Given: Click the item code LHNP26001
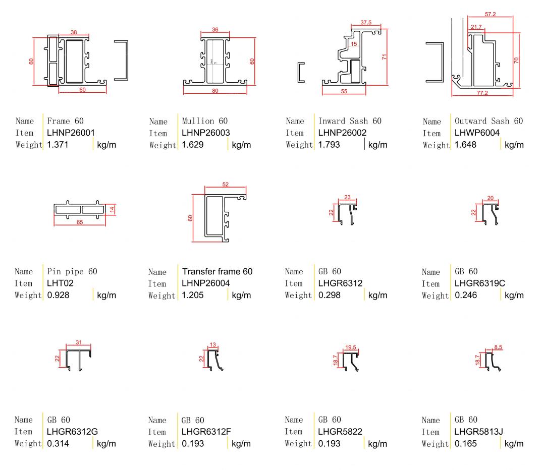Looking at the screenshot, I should [x=71, y=133].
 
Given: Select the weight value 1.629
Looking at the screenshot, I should [x=193, y=145].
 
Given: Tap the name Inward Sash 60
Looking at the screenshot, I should [x=350, y=121].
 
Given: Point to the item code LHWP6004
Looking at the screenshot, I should [x=476, y=133].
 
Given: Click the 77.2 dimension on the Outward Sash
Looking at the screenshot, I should [x=483, y=93].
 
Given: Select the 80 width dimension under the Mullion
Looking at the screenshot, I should [x=215, y=91].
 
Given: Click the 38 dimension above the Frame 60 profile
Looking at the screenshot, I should [x=74, y=32].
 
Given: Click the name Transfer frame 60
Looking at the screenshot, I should [x=217, y=272].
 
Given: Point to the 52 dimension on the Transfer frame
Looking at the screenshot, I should [x=225, y=184].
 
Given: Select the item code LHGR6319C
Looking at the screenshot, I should [x=480, y=283].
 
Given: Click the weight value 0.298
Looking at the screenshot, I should [x=329, y=296].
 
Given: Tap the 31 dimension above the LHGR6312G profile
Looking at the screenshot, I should [x=79, y=343].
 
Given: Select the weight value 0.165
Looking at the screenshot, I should [x=465, y=444].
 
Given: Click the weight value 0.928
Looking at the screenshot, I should [x=57, y=296].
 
